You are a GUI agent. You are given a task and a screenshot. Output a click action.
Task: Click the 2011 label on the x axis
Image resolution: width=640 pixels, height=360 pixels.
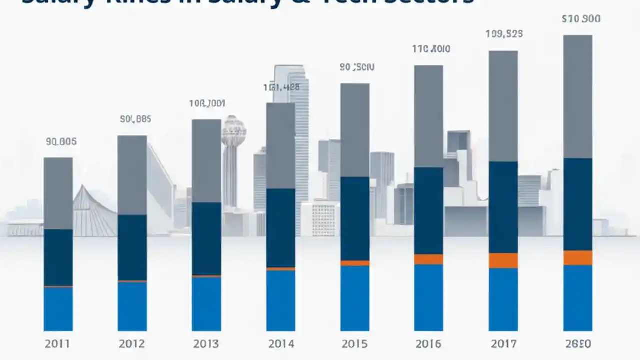[x=58, y=344]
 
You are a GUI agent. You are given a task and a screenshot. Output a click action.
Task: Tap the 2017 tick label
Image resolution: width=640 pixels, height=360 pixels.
[x=503, y=344]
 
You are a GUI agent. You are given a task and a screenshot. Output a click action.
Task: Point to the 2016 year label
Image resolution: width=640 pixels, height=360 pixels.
[x=428, y=344]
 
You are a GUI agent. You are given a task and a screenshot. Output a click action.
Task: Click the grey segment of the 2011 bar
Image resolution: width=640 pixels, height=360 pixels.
[x=58, y=193]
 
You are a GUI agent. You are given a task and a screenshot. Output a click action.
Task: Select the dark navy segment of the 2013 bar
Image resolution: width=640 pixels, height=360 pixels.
[x=206, y=238]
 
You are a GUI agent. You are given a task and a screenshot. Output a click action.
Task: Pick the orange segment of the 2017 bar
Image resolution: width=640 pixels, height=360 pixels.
[x=503, y=260]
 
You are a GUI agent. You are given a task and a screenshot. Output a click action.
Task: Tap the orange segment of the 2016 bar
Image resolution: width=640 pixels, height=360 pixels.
[x=428, y=259]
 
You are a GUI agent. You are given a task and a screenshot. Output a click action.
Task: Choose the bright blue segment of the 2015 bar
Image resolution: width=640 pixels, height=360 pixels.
[x=355, y=298]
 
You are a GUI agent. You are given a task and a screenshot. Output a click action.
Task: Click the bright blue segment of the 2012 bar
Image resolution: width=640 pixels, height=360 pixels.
[x=132, y=306]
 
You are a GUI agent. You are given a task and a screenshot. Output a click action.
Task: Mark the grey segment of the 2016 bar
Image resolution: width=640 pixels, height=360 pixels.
[x=428, y=116]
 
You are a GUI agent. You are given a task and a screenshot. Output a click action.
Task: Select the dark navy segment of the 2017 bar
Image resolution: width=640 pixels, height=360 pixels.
[x=503, y=207]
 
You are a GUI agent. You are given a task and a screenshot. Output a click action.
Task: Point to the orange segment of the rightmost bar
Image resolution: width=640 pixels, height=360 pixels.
[x=577, y=258]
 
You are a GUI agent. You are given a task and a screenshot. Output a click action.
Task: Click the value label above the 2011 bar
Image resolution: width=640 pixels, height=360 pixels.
[x=61, y=142]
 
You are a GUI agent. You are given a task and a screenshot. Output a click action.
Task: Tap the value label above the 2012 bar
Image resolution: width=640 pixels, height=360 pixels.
[x=135, y=119]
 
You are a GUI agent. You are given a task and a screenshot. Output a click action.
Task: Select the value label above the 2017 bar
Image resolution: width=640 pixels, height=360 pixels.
[x=504, y=34]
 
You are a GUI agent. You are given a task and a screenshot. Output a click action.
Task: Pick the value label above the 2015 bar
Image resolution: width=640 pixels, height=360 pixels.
[x=357, y=67]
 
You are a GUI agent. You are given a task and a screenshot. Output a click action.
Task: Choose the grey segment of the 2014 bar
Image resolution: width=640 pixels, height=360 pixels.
[x=280, y=146]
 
